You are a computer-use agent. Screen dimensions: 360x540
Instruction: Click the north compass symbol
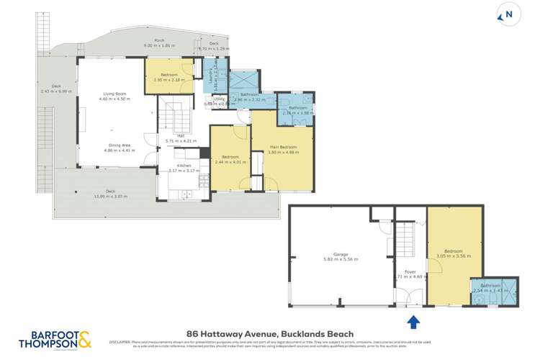pyautogui.click(x=509, y=14)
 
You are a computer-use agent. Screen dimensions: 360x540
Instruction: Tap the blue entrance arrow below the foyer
pyautogui.click(x=414, y=321)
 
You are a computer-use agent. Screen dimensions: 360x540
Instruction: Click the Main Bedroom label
pyautogui.click(x=282, y=148)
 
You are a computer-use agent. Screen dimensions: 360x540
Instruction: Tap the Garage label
pyautogui.click(x=341, y=254)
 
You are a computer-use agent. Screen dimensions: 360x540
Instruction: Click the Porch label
pyautogui.click(x=159, y=41)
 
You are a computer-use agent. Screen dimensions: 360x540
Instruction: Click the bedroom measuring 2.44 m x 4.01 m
pyautogui.click(x=230, y=159)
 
